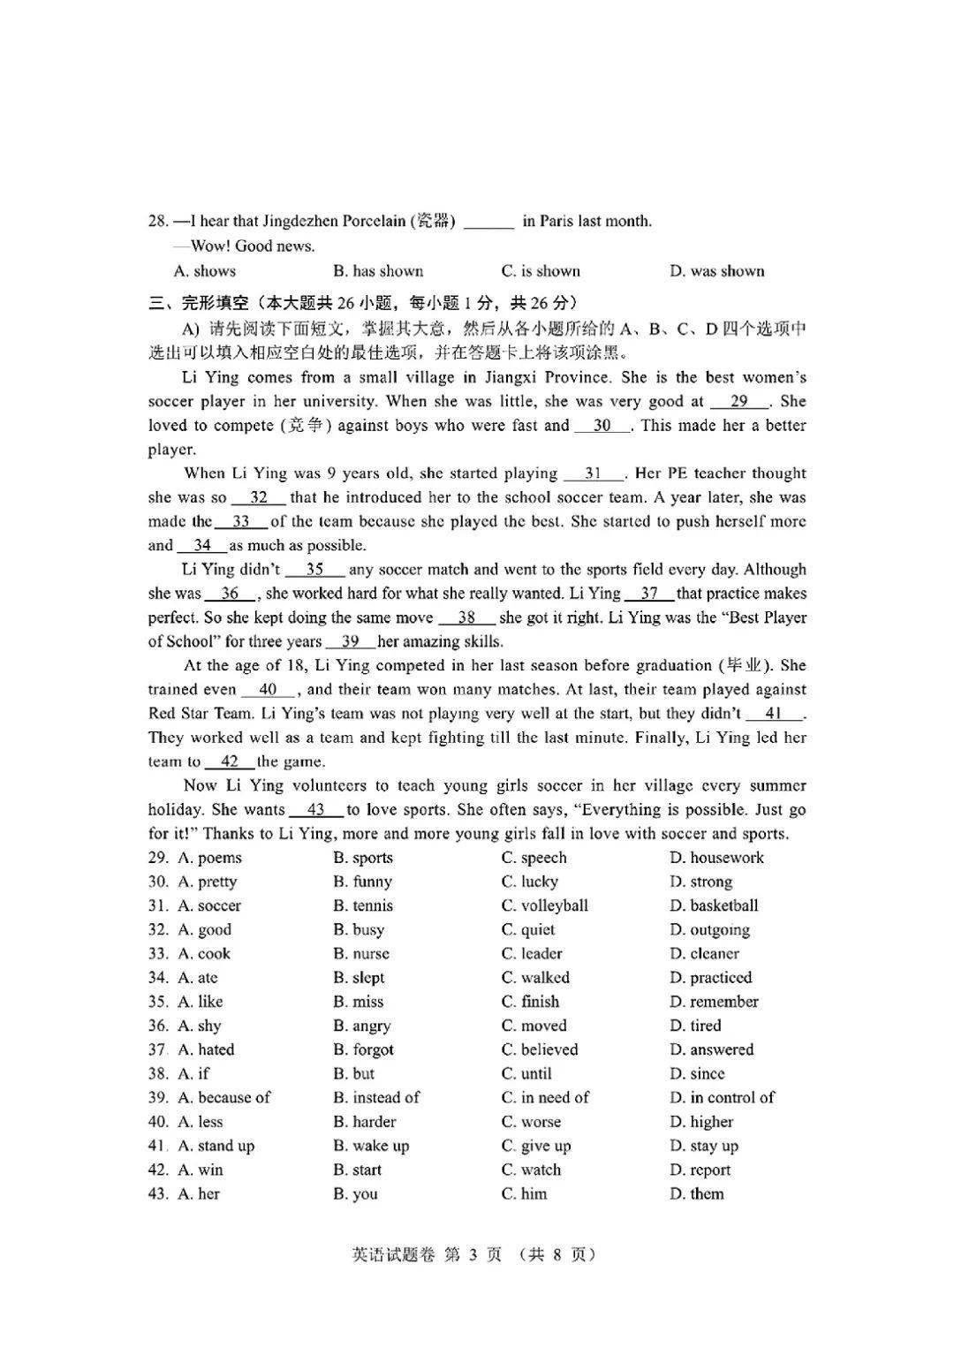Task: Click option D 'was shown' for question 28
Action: tap(716, 271)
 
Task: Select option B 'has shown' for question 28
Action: tap(378, 271)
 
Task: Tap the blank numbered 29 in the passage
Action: tap(739, 401)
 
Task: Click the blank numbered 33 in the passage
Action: tap(241, 521)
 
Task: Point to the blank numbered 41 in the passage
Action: tap(773, 714)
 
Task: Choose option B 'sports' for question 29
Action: tap(363, 858)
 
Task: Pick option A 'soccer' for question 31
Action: tap(209, 905)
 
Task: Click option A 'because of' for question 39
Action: tap(224, 1098)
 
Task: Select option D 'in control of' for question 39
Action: tap(722, 1098)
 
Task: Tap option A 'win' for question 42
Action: tap(201, 1170)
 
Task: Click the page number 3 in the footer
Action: tap(473, 1254)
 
